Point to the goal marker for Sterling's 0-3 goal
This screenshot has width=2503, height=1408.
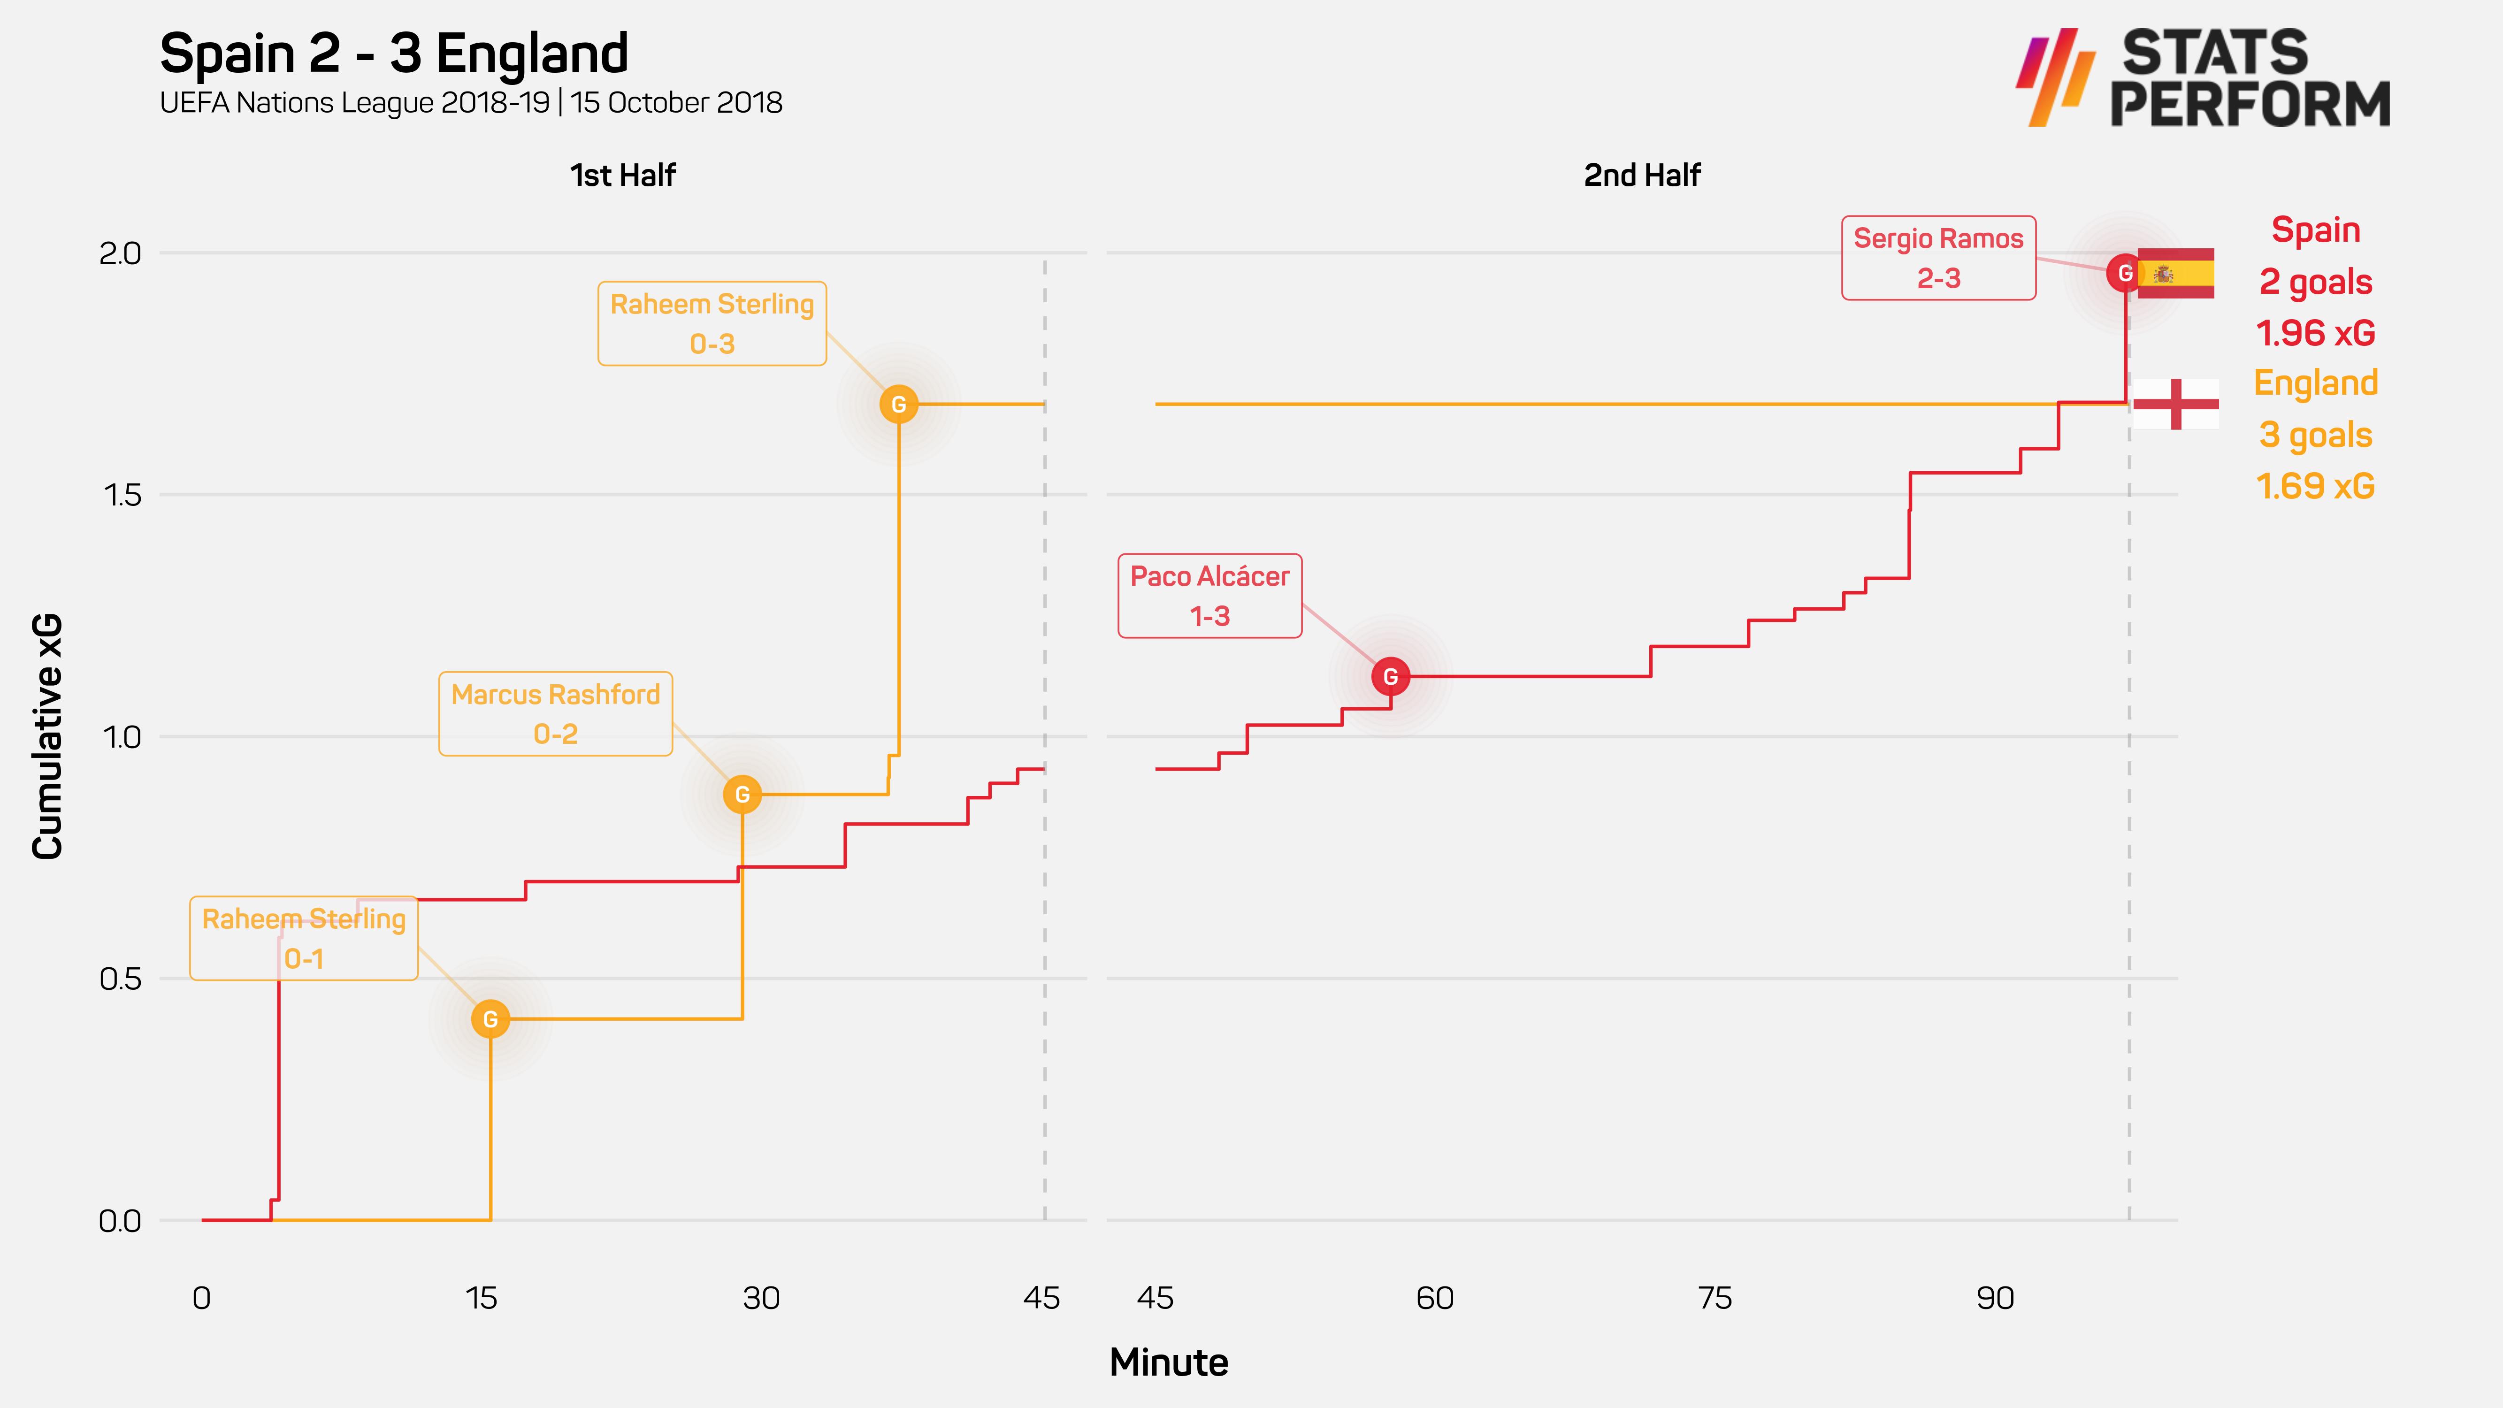pos(899,404)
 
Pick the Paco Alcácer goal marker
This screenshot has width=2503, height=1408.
pos(1391,676)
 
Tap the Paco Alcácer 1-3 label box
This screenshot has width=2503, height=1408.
pos(1209,596)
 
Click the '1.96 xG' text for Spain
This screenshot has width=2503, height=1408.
pos(2315,333)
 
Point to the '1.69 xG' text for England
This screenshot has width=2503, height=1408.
pos(2315,486)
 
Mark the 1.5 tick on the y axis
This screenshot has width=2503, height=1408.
pos(122,496)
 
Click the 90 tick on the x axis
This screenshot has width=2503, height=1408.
pos(1995,1298)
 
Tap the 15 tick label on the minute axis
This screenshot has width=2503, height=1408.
pos(481,1298)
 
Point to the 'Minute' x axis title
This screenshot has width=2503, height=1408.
pos(1169,1362)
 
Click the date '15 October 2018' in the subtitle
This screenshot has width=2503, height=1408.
pos(676,103)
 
